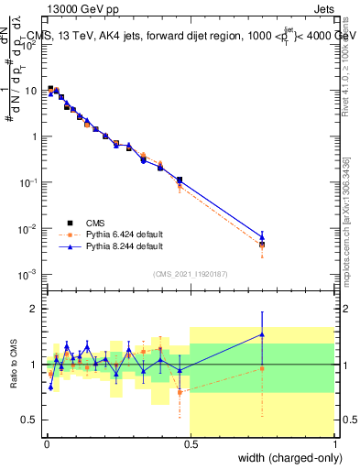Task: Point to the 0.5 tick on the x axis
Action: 190,444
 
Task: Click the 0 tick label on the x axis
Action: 45,444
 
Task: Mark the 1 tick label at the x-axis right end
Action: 334,444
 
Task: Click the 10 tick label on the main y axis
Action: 32,91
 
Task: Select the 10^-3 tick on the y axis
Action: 30,274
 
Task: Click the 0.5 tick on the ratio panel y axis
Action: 32,420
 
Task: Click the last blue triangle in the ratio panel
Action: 262,334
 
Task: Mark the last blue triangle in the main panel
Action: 262,237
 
